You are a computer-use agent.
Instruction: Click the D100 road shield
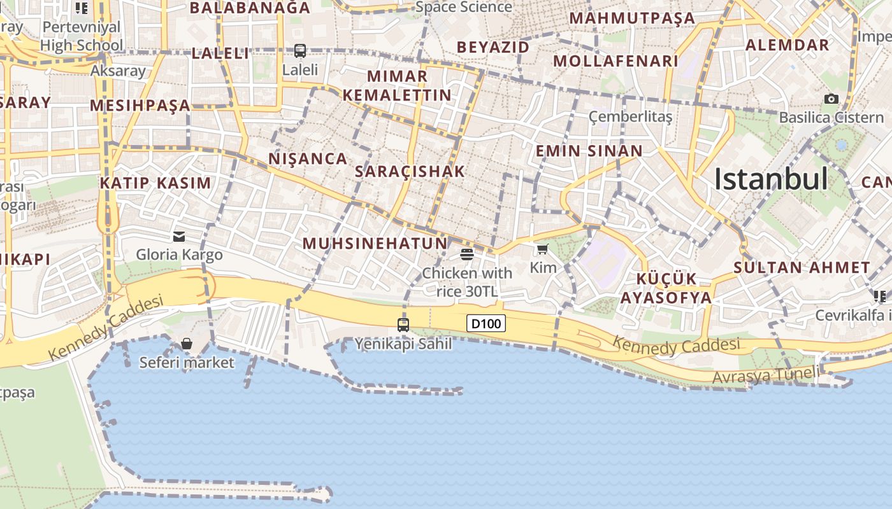[486, 324]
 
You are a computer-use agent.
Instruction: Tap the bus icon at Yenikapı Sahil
[403, 324]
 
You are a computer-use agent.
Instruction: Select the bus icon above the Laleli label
[299, 51]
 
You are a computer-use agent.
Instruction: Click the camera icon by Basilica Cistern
[831, 99]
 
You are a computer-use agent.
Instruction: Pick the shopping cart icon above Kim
[542, 249]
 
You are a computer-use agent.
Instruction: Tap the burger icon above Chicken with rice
[466, 254]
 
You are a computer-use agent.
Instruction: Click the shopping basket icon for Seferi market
[186, 344]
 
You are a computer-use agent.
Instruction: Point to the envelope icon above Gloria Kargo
[178, 237]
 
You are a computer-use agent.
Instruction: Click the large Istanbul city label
[771, 179]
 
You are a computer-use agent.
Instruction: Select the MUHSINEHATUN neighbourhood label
[375, 243]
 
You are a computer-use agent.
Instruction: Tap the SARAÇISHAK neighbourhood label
[410, 171]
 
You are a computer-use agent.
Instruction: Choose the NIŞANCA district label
[308, 158]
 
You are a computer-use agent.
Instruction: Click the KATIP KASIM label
[155, 183]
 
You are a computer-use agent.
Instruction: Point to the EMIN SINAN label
[589, 151]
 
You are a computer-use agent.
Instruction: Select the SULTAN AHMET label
[802, 268]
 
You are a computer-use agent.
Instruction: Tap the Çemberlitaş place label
[629, 116]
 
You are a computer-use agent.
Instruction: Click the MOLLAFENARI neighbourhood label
[615, 61]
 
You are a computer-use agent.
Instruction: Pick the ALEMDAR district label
[787, 45]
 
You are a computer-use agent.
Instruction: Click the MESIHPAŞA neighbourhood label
[140, 105]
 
